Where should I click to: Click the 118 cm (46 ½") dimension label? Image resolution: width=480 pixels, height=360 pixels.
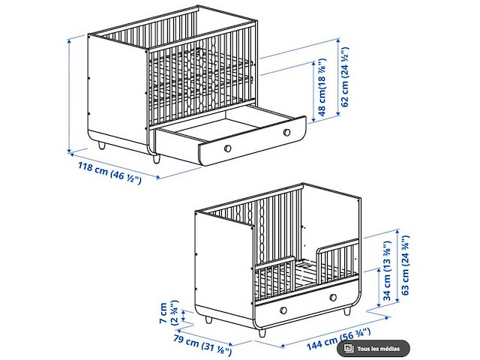click(110, 173)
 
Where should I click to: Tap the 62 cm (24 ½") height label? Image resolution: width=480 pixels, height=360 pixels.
click(345, 76)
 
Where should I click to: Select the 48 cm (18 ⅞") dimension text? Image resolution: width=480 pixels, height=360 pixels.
click(322, 87)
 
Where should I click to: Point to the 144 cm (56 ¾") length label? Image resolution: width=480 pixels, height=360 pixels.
click(338, 339)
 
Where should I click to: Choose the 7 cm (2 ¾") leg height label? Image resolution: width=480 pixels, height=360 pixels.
click(168, 313)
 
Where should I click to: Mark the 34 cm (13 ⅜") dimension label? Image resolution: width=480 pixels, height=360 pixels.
click(387, 270)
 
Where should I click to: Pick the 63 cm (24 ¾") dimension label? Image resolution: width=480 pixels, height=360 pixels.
click(405, 265)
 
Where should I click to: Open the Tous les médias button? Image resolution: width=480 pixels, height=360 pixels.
click(373, 348)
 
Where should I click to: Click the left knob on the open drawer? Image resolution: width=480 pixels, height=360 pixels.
click(227, 148)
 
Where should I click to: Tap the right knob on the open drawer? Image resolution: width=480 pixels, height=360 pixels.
click(286, 132)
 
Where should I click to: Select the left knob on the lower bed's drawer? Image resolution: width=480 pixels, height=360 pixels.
click(283, 310)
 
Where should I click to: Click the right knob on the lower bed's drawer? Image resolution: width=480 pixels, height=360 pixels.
click(333, 297)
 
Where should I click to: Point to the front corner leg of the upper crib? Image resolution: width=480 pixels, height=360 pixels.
click(157, 159)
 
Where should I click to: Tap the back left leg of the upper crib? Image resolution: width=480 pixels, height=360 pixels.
click(102, 145)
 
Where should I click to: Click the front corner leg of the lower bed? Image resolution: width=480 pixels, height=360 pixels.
click(262, 333)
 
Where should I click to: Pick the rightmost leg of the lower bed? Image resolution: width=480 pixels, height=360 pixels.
click(346, 312)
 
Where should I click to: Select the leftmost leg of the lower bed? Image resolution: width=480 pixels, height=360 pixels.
click(208, 320)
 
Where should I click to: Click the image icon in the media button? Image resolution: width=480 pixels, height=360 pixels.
click(348, 348)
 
